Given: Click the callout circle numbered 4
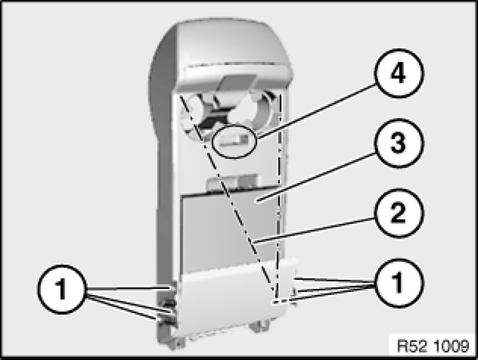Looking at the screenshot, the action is tap(398, 73).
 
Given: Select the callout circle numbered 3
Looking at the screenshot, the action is tap(398, 143).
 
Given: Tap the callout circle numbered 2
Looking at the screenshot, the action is tap(398, 213).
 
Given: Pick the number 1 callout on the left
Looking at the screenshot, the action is tap(62, 290).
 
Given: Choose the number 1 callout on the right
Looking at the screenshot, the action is tap(398, 283).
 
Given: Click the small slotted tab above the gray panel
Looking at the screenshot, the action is tap(232, 184).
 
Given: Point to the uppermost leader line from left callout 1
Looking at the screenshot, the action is tap(128, 288).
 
